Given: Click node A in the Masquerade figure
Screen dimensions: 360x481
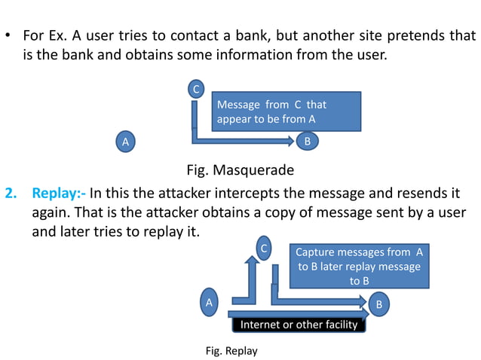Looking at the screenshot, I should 126,141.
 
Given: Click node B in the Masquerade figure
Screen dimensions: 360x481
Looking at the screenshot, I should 307,141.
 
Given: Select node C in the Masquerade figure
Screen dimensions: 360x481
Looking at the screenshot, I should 196,90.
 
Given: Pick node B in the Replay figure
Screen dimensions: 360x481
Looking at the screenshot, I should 379,304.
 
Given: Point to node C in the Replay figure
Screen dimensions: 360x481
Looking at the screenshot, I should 264,247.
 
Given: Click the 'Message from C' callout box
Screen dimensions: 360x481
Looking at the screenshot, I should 286,111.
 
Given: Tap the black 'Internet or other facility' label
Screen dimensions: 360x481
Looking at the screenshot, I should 298,325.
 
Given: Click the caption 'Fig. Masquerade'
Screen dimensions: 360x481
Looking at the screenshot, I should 240,169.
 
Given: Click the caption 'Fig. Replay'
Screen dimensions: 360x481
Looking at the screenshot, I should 231,350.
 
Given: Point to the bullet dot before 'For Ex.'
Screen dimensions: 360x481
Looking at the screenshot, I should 8,36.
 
